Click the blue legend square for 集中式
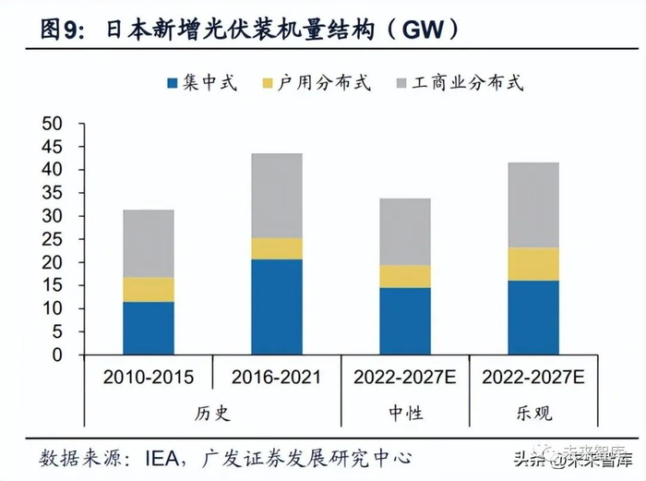[x=171, y=84]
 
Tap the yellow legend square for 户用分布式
[x=268, y=84]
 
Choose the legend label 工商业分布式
[x=470, y=83]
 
